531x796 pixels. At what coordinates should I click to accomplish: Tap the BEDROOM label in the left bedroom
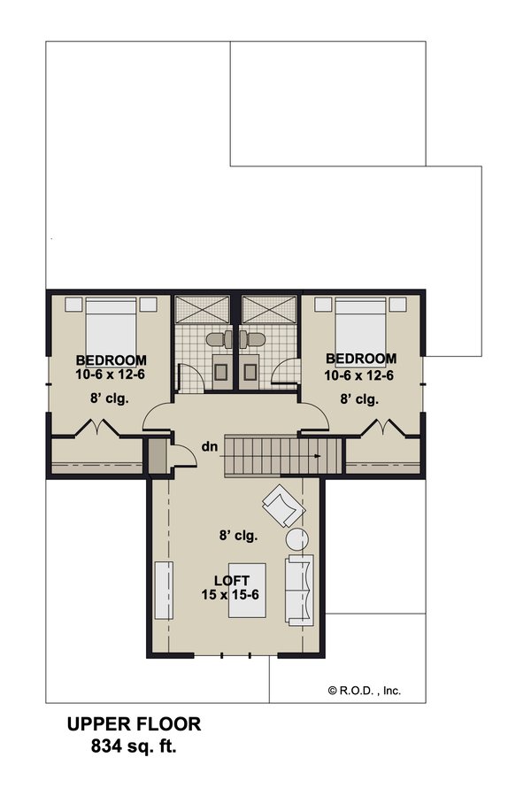point(111,359)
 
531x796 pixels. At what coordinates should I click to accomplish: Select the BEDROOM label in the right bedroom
point(361,359)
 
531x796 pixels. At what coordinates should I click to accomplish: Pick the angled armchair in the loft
point(282,506)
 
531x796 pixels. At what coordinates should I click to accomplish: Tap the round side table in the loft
point(296,539)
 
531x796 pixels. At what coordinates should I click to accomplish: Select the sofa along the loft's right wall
point(300,591)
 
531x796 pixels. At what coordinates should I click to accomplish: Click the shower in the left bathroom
point(201,310)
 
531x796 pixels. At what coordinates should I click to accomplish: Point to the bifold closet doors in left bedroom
point(92,431)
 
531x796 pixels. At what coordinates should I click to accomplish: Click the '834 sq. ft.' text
point(135,746)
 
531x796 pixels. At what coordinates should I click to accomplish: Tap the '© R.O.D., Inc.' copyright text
point(364,691)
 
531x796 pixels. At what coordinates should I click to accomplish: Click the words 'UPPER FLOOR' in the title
point(135,724)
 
